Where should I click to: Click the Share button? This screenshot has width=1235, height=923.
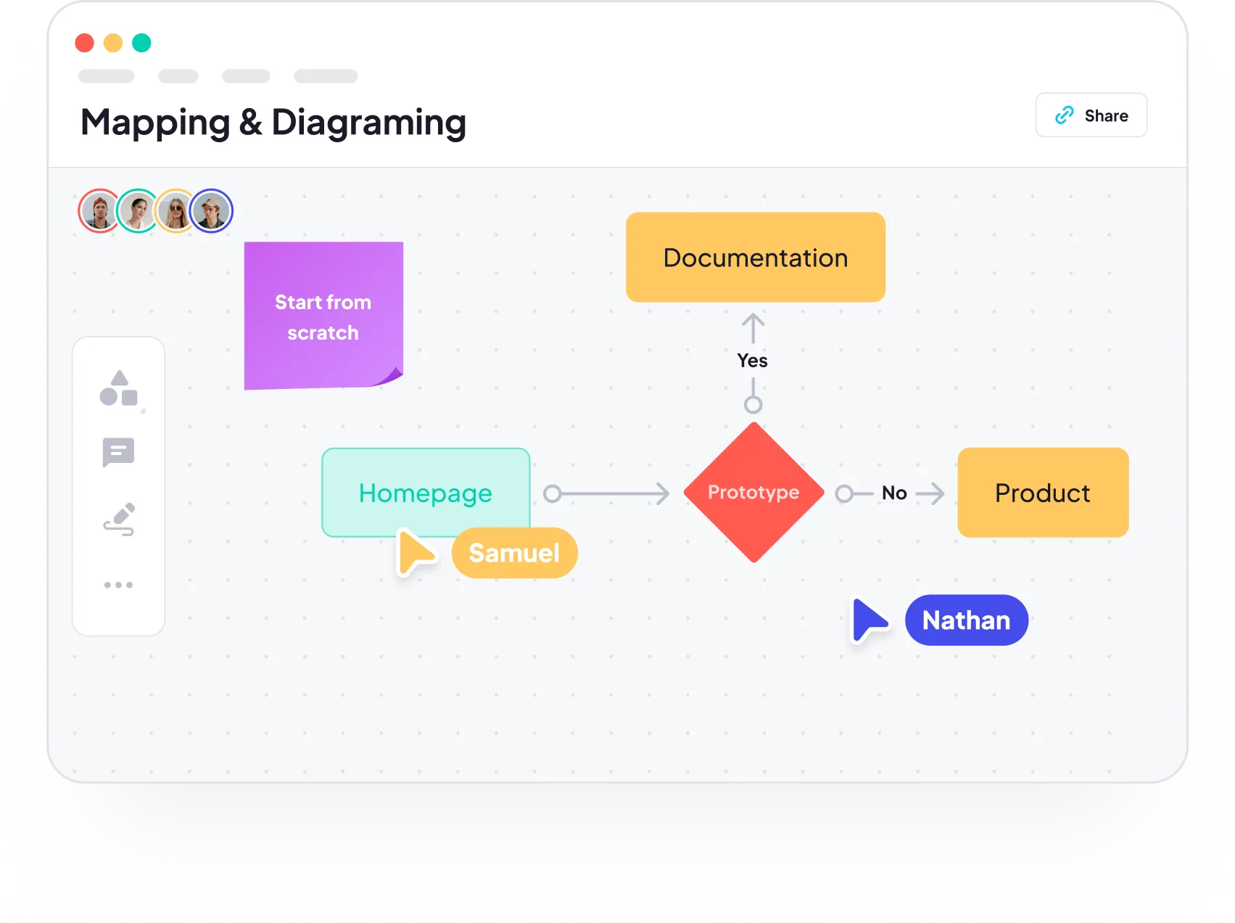click(x=1091, y=115)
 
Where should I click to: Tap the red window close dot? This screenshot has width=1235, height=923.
click(x=85, y=43)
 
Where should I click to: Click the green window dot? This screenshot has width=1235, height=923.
click(x=141, y=43)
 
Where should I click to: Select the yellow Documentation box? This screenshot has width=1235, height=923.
click(x=755, y=258)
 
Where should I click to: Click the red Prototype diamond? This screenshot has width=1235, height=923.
click(x=753, y=493)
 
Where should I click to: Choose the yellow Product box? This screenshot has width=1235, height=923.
click(x=1042, y=493)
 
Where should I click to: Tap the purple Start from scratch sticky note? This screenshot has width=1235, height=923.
click(x=323, y=316)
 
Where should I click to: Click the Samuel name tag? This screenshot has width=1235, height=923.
click(x=514, y=553)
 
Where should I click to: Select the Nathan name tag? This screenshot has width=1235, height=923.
click(x=966, y=620)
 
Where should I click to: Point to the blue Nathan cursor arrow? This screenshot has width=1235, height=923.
click(x=867, y=620)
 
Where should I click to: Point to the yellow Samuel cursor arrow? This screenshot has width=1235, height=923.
click(x=414, y=552)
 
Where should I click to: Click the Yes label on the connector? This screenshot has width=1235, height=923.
click(x=753, y=361)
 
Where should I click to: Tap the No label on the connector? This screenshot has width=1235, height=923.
click(x=894, y=493)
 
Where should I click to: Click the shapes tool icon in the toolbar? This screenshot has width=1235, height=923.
click(x=119, y=388)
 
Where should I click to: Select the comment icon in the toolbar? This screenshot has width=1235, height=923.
click(x=119, y=452)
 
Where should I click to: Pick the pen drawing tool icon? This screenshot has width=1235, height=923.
click(x=119, y=519)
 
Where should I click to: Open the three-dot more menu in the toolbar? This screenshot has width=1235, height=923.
click(x=119, y=585)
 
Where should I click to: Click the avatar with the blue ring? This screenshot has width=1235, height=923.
click(x=211, y=211)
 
